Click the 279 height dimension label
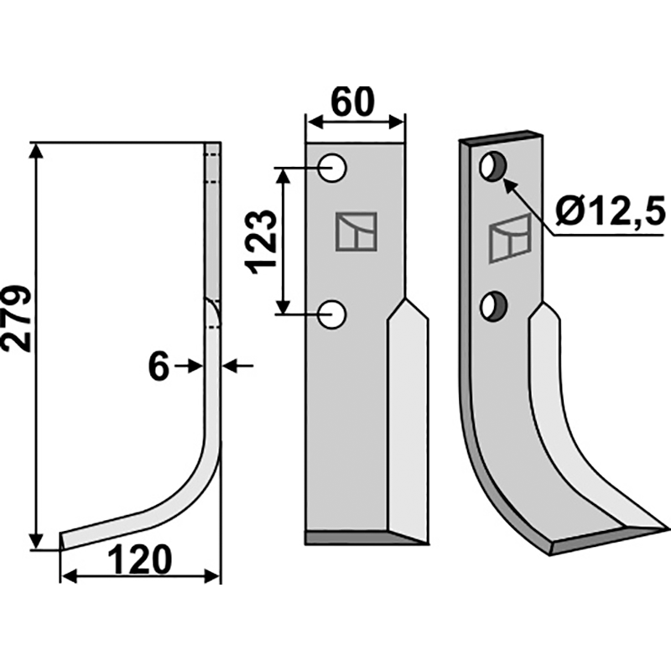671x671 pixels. pos(17,319)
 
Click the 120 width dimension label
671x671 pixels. pos(139,560)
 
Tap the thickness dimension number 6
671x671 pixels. pos(159,367)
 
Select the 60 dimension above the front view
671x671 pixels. pos(353,101)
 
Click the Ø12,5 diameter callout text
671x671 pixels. pos(611,212)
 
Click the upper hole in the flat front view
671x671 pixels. pos(332,168)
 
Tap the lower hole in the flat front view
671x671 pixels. pos(332,315)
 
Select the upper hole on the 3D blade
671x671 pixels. pos(493,166)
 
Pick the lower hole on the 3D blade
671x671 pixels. pos(493,306)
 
